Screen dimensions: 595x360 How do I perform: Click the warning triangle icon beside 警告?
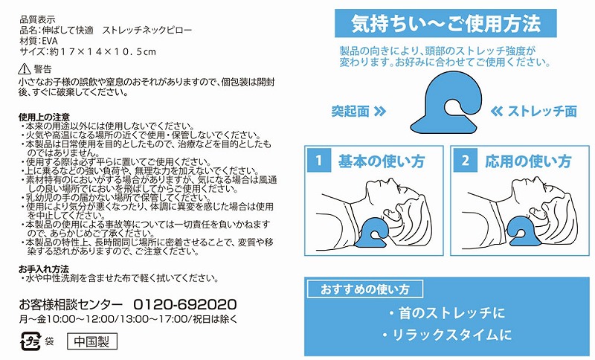pos(25,68)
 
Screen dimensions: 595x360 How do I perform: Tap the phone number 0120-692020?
pos(185,304)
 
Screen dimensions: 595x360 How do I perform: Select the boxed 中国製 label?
pos(91,341)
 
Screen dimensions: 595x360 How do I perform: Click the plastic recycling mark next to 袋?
pos(30,341)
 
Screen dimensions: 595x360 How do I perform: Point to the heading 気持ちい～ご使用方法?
pos(446,24)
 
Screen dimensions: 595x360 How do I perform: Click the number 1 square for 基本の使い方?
pos(319,161)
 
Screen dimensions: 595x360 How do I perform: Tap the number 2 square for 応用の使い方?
pos(466,161)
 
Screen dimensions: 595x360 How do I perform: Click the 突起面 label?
pos(350,111)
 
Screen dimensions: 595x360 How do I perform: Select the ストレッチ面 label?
pos(542,111)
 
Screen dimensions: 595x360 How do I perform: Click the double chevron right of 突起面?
pos(380,111)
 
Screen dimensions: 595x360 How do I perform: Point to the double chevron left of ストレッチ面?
pos(497,111)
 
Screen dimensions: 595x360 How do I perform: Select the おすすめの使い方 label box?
pos(365,289)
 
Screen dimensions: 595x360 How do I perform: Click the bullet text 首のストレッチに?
pos(447,313)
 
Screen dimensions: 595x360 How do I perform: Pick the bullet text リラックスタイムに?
pos(447,335)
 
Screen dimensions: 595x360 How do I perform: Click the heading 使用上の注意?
pos(44,117)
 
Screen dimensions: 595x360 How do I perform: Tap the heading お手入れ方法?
pos(44,269)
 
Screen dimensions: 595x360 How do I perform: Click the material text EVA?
pos(50,41)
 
